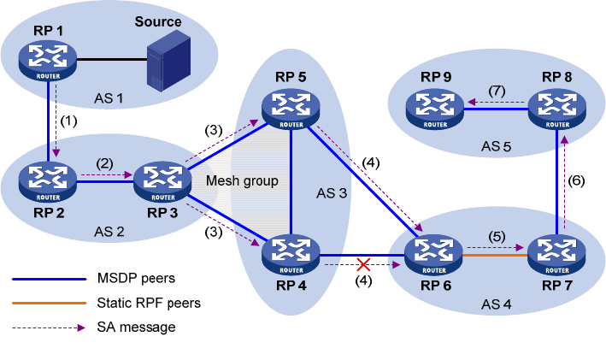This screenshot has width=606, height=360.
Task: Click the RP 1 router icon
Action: [x=49, y=61]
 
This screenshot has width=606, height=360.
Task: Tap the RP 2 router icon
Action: [x=49, y=180]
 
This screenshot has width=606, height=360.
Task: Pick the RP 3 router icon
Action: [x=157, y=180]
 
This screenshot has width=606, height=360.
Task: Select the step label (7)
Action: [x=498, y=90]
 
